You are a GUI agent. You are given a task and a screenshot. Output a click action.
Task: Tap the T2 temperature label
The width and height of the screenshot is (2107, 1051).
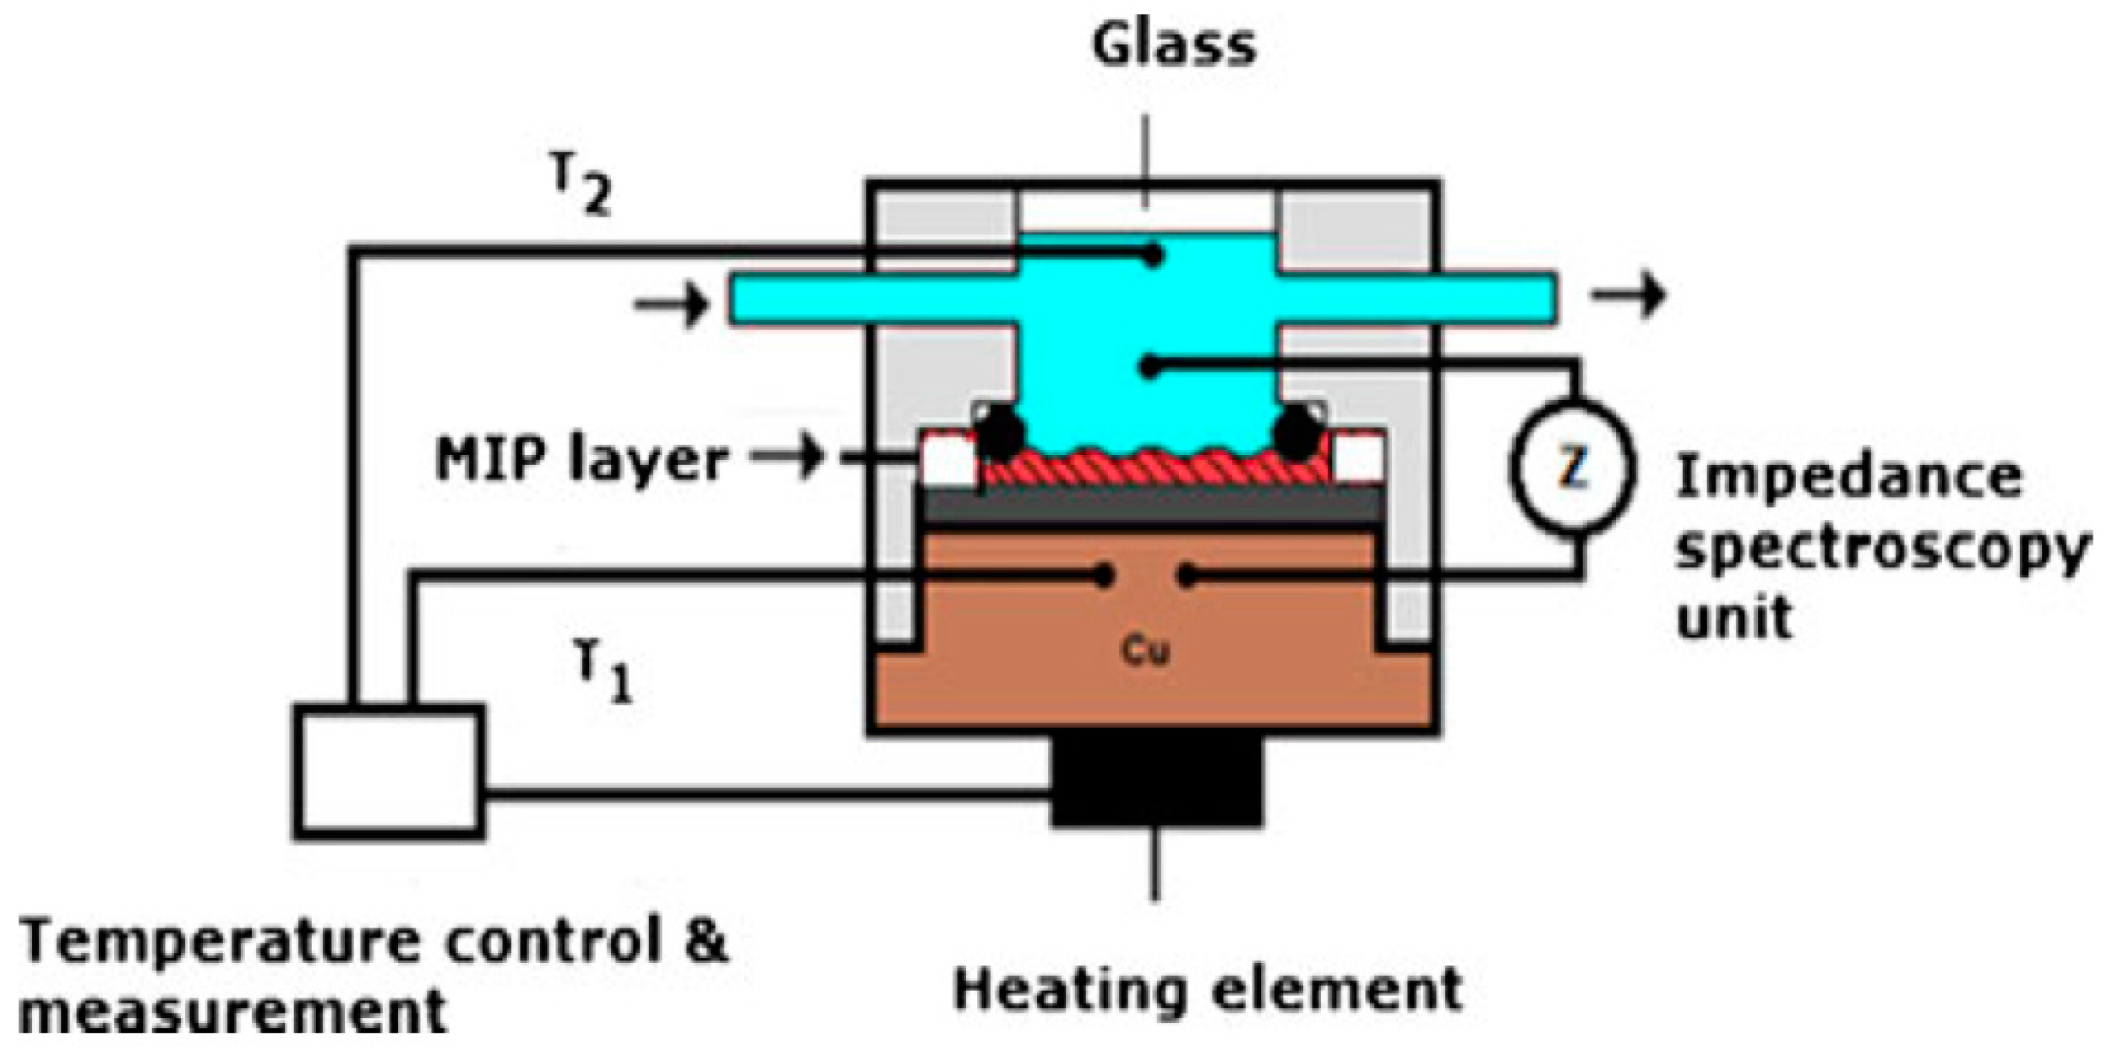pos(583,188)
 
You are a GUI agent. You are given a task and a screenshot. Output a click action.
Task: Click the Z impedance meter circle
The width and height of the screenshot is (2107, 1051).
pos(1572,470)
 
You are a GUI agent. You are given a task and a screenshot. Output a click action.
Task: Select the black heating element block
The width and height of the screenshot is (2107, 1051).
pos(1156,782)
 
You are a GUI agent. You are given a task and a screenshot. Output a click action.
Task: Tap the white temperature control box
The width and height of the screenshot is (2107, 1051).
pos(389,771)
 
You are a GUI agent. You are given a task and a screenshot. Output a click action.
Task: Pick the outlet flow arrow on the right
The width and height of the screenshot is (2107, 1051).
pos(1628,295)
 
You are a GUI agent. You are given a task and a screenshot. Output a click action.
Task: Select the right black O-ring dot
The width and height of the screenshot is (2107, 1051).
pos(1297,432)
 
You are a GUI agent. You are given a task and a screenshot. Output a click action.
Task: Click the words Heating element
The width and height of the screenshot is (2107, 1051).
pos(1209,989)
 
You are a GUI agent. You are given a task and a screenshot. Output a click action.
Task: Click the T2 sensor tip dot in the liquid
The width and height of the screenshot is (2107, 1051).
pos(1152,255)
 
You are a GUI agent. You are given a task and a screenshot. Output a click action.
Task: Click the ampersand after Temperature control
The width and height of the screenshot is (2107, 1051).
pos(704,941)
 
